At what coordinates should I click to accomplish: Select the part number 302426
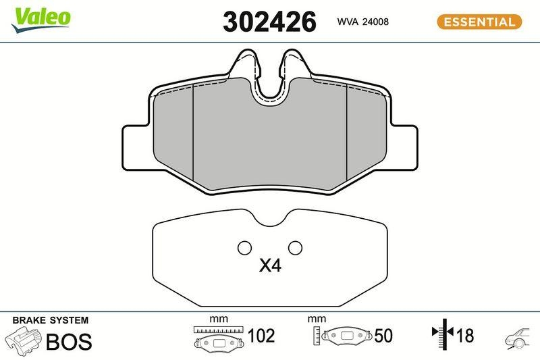tap(269, 22)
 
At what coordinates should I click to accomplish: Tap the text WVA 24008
tap(362, 22)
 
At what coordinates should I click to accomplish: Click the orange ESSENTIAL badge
tap(479, 22)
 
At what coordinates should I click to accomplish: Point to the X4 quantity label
tap(270, 267)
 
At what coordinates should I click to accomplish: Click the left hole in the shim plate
tap(244, 248)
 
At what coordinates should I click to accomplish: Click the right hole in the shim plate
tap(295, 248)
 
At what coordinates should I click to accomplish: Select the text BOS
tap(68, 342)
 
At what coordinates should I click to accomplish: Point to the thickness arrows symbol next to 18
tap(441, 334)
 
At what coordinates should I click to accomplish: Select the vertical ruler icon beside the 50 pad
tap(317, 335)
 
